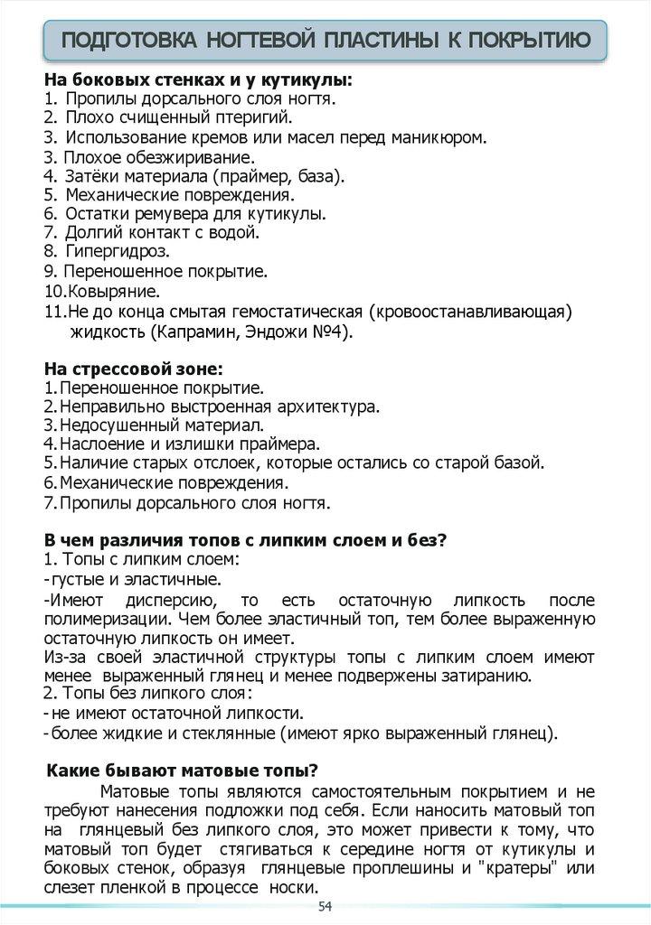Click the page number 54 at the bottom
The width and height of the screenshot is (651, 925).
click(x=325, y=906)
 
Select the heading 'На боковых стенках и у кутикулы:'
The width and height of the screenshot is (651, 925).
click(x=198, y=79)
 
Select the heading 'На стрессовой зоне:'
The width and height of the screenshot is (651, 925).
click(x=133, y=369)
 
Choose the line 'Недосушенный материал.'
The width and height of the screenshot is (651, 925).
click(x=162, y=425)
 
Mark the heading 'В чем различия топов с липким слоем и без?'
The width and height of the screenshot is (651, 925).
click(x=245, y=540)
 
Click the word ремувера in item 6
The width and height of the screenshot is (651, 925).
click(x=175, y=213)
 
